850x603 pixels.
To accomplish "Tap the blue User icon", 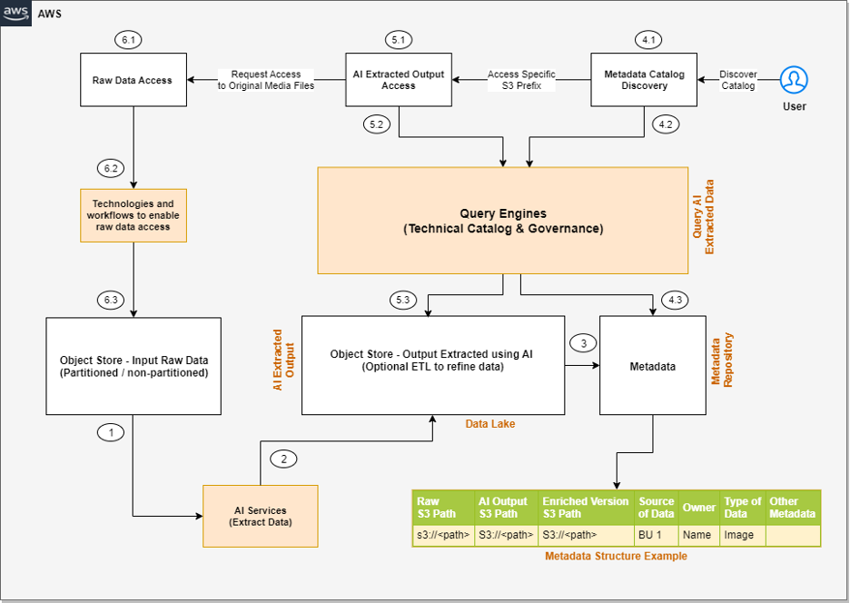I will pyautogui.click(x=794, y=80).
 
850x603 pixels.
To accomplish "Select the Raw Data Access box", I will pyautogui.click(x=133, y=80).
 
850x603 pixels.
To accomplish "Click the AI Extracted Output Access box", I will pyautogui.click(x=399, y=80).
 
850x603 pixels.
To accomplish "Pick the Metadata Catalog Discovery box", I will pyautogui.click(x=643, y=80).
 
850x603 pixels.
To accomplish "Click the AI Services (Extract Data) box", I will pyautogui.click(x=260, y=516).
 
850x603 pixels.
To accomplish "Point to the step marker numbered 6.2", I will pyautogui.click(x=112, y=169).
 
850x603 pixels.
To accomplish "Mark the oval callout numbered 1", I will pyautogui.click(x=112, y=432).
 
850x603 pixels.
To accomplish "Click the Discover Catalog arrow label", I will pyautogui.click(x=737, y=80).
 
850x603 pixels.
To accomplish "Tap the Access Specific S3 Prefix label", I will pyautogui.click(x=521, y=80).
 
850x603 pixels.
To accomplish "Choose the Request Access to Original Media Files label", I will pyautogui.click(x=266, y=80).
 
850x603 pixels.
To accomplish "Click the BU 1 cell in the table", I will pyautogui.click(x=648, y=535).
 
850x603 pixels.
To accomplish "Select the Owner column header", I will pyautogui.click(x=699, y=508).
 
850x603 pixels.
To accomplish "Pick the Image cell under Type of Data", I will pyautogui.click(x=738, y=535).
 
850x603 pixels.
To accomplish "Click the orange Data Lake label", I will pyautogui.click(x=489, y=424).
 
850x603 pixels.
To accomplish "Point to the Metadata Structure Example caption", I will pyautogui.click(x=616, y=556).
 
